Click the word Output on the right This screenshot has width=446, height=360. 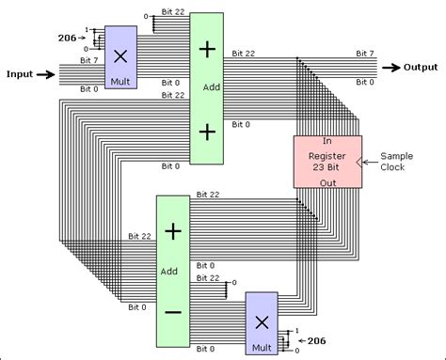(x=422, y=67)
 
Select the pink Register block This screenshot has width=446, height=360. (x=327, y=161)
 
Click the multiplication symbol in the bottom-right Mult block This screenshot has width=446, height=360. (x=262, y=321)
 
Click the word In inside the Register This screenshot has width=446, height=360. (x=326, y=141)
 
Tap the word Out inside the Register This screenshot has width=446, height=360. (x=326, y=181)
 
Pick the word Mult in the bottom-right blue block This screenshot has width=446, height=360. (x=262, y=348)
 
